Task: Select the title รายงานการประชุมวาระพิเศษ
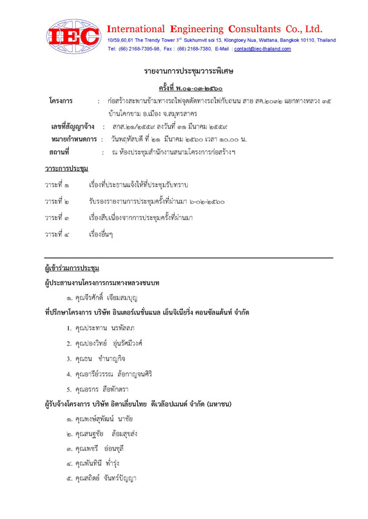point(185,72)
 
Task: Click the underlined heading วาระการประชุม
point(67,167)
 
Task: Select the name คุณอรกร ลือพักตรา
point(101,389)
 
